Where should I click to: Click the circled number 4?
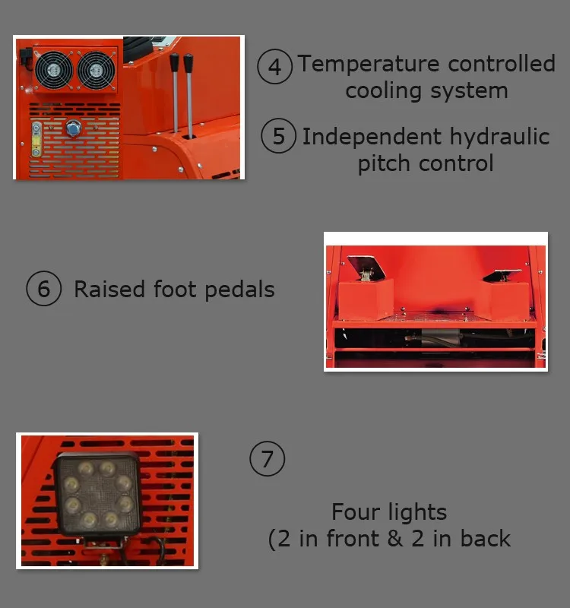(x=274, y=67)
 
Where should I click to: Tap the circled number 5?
(x=278, y=136)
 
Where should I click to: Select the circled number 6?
(x=43, y=290)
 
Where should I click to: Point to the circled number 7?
(x=267, y=459)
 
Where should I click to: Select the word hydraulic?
(x=497, y=137)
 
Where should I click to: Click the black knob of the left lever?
(x=174, y=61)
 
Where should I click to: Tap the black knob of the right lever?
(x=188, y=61)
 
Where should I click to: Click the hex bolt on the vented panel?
(x=74, y=127)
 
